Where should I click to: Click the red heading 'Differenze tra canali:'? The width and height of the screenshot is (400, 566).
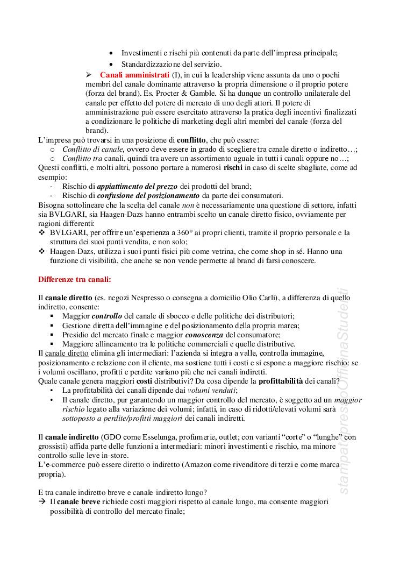click(x=75, y=279)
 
